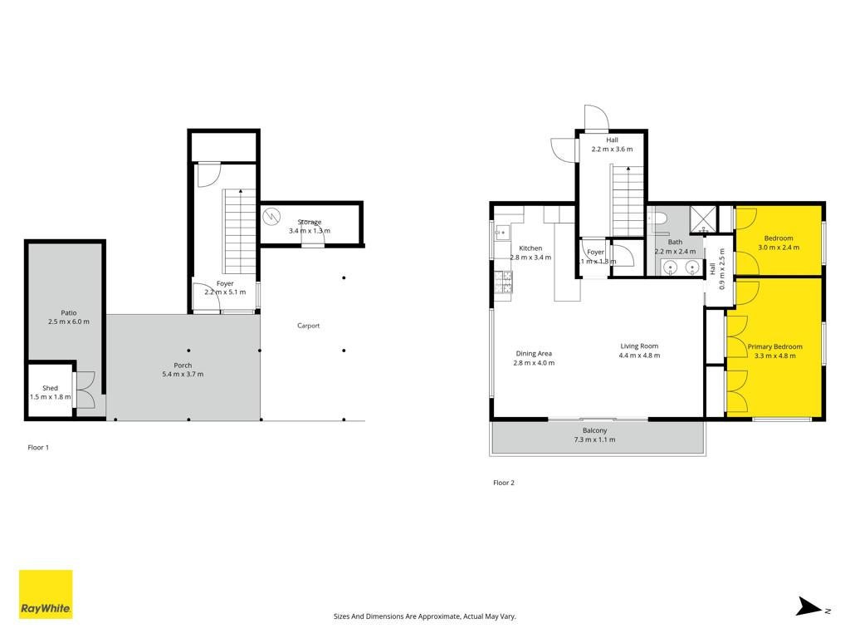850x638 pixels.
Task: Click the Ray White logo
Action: [x=46, y=594]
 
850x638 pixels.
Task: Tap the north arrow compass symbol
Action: [x=813, y=607]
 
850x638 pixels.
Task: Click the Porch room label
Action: [x=183, y=366]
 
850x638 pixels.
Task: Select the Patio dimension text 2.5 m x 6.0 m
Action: [x=69, y=321]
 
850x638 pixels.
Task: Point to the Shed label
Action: [x=50, y=388]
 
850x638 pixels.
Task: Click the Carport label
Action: [x=309, y=326]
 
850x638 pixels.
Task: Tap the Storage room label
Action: [x=310, y=222]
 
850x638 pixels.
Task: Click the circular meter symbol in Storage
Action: [x=271, y=217]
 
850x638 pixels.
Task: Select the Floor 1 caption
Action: [x=38, y=448]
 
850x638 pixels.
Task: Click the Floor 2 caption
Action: [x=504, y=483]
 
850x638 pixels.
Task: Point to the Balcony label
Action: [x=594, y=430]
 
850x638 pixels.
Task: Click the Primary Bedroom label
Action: [x=775, y=346]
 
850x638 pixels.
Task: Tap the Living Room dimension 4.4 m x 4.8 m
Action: [x=640, y=356]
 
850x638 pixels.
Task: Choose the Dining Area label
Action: [x=534, y=354]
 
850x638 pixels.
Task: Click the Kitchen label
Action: [x=530, y=248]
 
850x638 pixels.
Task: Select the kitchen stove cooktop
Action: [x=503, y=282]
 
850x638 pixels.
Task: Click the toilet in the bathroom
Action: [x=657, y=218]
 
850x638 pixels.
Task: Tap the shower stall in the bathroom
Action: [x=703, y=219]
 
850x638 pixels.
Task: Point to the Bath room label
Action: [x=675, y=242]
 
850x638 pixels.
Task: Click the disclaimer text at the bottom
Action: [x=424, y=616]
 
